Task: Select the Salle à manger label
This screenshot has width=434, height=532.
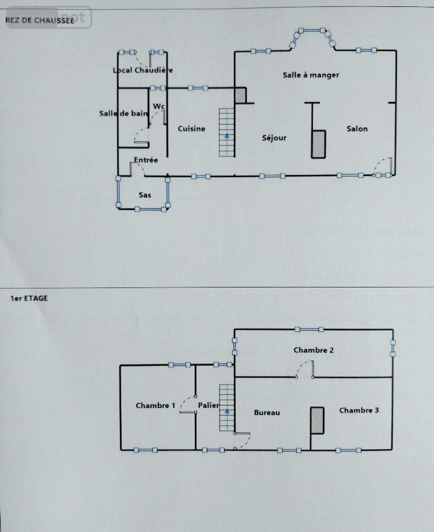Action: [x=311, y=75]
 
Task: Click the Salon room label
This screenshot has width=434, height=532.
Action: [x=357, y=129]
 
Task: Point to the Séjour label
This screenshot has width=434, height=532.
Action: [x=274, y=138]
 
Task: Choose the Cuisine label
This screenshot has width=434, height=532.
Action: [x=191, y=129]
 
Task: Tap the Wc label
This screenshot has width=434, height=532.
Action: [x=159, y=107]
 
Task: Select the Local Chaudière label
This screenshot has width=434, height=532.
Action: [x=143, y=71]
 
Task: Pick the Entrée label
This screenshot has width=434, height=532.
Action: [x=146, y=160]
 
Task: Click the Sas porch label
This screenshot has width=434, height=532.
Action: [x=145, y=195]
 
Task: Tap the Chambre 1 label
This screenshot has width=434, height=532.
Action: [x=155, y=406]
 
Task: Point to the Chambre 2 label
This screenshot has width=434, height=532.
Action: [x=313, y=350]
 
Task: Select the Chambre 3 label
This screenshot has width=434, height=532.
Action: [x=359, y=410]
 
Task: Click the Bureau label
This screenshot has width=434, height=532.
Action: [x=267, y=413]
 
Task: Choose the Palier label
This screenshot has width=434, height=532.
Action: [x=207, y=405]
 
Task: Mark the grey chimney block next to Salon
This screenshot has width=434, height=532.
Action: [x=318, y=144]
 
